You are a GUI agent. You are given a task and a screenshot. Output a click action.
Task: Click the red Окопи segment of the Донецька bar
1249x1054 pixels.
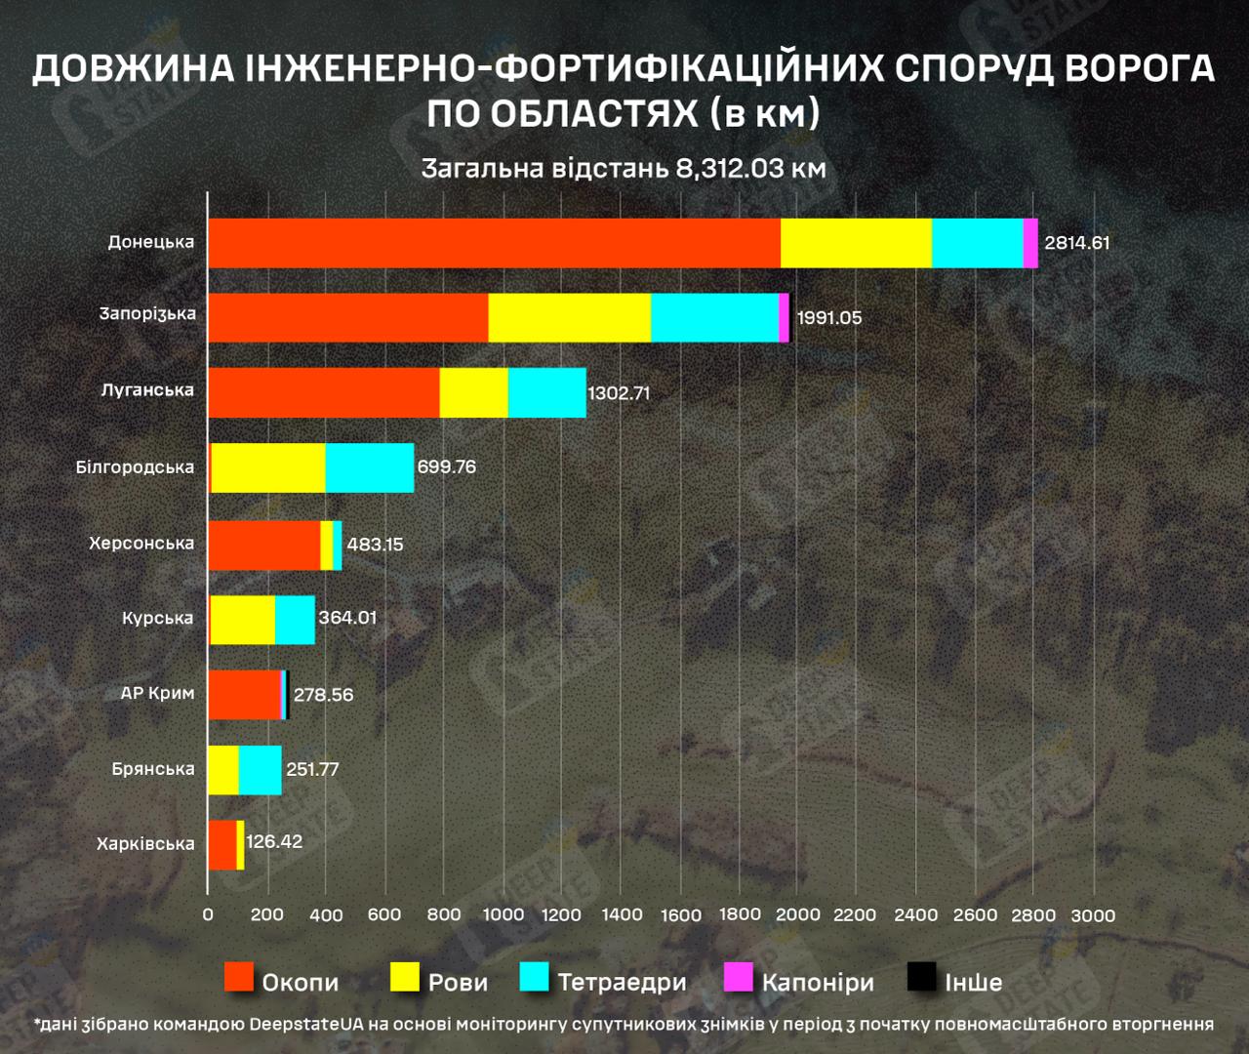click(x=494, y=243)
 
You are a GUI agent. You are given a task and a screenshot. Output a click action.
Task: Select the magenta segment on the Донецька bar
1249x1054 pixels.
click(x=1030, y=243)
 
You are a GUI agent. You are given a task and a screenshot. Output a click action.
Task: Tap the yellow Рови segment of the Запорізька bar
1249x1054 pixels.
click(x=569, y=317)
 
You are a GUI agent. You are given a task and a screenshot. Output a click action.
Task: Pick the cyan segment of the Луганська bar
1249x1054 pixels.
click(x=546, y=392)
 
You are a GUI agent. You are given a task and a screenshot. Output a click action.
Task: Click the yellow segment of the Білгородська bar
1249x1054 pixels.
click(x=268, y=467)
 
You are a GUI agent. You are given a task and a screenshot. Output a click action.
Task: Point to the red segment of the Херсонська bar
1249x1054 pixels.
click(x=264, y=545)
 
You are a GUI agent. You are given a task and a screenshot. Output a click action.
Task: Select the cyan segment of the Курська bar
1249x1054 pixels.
click(x=295, y=619)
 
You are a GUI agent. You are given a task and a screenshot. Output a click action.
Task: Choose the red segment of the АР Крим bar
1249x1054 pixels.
click(x=244, y=694)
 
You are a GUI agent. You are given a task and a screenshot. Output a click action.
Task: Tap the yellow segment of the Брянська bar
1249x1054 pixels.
click(x=223, y=770)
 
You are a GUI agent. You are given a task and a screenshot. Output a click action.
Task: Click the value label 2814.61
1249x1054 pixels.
click(x=1076, y=243)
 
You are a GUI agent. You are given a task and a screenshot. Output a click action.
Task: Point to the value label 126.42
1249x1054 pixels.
click(x=274, y=841)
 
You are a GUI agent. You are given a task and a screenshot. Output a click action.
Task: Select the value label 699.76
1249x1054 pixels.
click(x=446, y=466)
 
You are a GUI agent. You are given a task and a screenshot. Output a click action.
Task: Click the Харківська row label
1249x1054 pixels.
click(x=145, y=844)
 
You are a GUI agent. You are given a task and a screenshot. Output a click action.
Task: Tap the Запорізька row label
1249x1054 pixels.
click(x=147, y=314)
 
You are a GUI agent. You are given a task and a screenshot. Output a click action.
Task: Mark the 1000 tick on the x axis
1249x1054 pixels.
click(x=503, y=914)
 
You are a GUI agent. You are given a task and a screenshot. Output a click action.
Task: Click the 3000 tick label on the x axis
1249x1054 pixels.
click(x=1092, y=915)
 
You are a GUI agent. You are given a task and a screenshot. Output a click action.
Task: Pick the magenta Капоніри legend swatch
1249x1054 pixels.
click(x=738, y=977)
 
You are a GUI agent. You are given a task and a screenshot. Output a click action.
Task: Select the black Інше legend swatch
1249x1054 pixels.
click(x=921, y=977)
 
